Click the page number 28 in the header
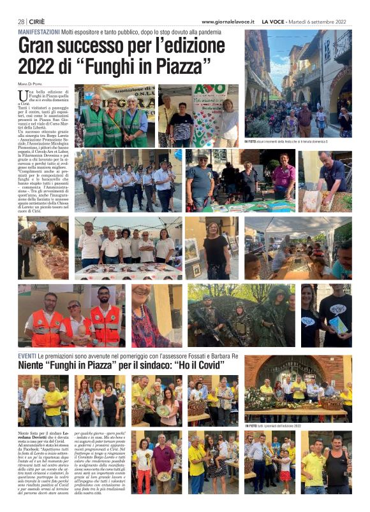click(x=21, y=22)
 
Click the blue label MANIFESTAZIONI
click(x=39, y=32)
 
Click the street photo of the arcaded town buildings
click(x=297, y=83)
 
